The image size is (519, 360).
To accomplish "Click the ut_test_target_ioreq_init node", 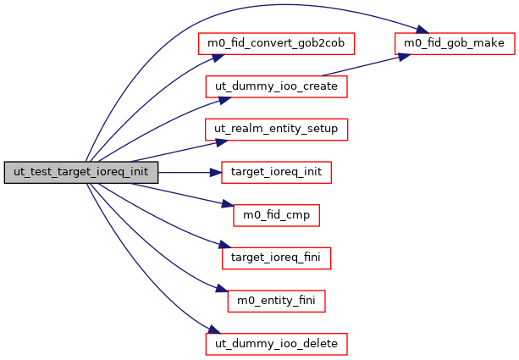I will click(81, 172).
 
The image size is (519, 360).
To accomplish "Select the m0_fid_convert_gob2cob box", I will click(275, 42).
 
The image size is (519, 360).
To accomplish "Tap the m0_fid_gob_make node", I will click(453, 42).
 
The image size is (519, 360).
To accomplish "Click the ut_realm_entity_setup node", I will click(275, 129).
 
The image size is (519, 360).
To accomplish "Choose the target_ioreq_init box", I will click(275, 172).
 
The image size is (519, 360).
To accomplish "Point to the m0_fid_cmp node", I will click(275, 215).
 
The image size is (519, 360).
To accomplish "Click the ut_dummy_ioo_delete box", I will click(275, 345).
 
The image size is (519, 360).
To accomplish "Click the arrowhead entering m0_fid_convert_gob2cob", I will click(217, 55).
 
